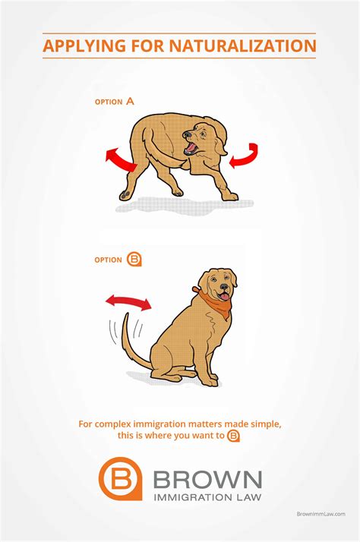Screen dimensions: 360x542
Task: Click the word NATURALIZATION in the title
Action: point(243,46)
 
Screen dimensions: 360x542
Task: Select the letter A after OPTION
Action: point(130,102)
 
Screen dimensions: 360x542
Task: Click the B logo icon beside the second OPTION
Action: point(134,260)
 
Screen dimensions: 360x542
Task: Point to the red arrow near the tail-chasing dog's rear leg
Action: point(121,159)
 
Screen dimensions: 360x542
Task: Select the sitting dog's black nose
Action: point(224,286)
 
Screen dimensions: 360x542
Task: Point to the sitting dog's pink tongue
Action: point(225,296)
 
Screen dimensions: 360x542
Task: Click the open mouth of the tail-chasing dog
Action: point(191,147)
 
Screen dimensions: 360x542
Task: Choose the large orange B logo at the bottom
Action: point(120,478)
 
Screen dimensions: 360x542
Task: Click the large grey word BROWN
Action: point(207,480)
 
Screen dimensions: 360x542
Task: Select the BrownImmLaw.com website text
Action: point(321,514)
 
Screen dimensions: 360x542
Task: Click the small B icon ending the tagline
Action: point(234,436)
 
